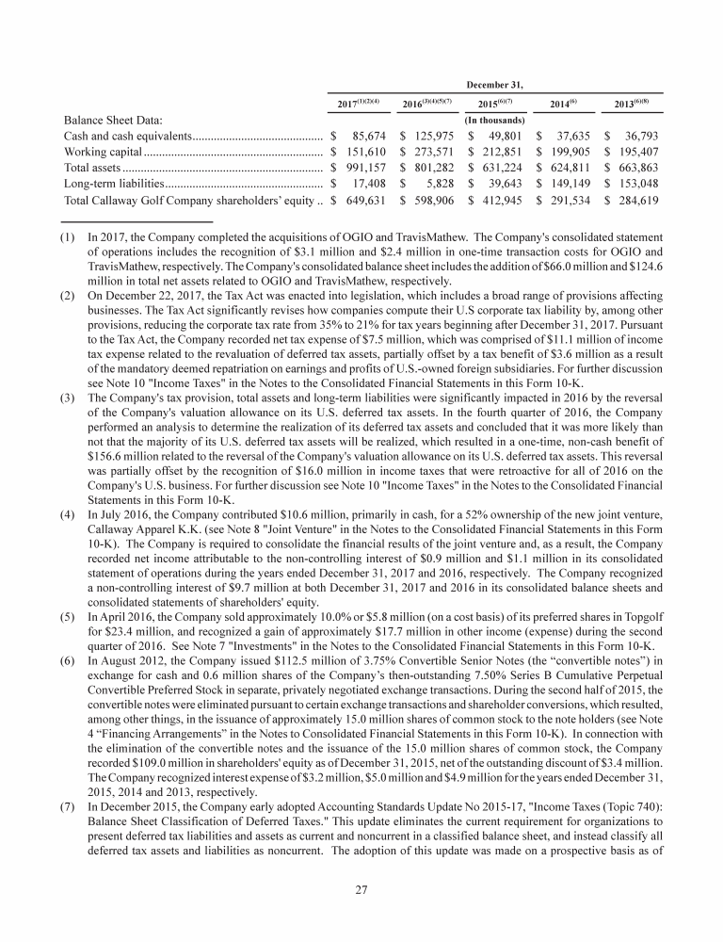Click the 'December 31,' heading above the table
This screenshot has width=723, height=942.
point(495,83)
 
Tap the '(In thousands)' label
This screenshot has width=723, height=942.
point(495,120)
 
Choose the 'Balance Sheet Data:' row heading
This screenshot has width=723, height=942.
point(99,120)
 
